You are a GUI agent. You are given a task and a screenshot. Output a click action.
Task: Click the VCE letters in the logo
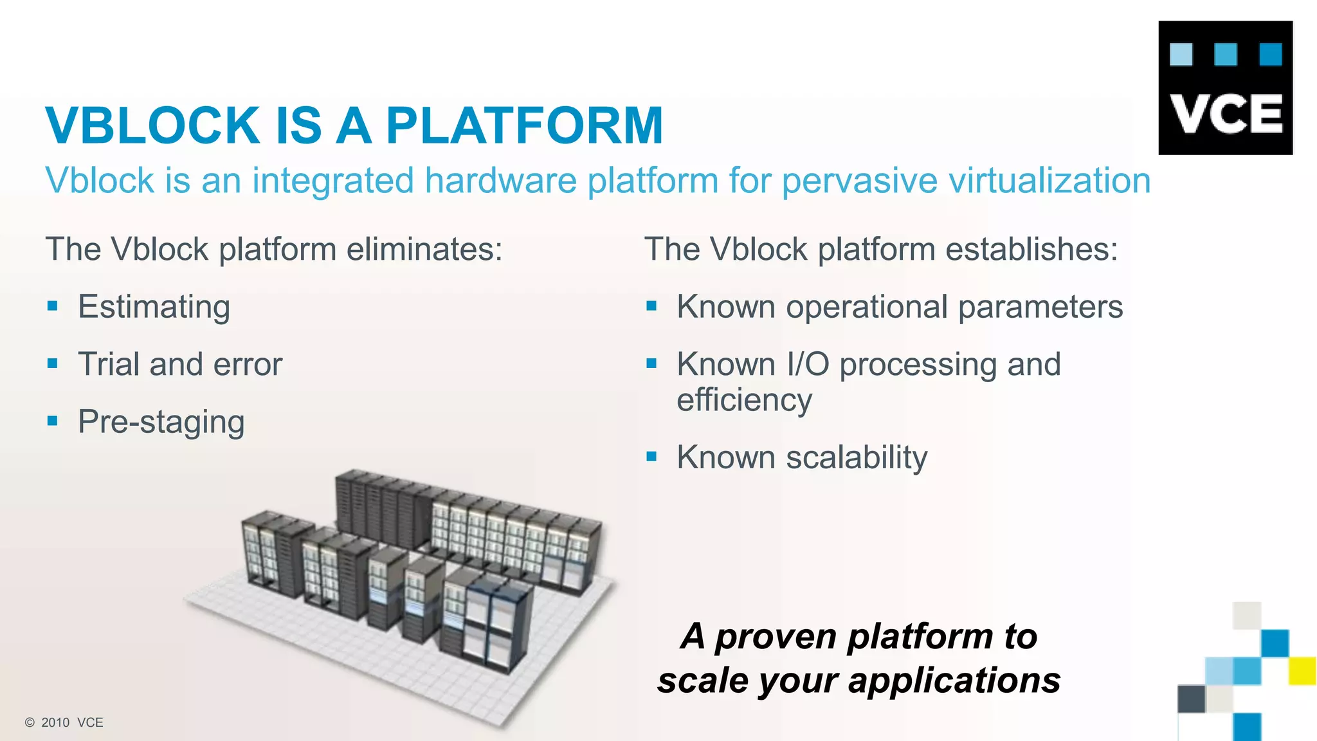1226,114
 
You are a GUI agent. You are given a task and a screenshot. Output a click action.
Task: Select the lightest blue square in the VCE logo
1181,55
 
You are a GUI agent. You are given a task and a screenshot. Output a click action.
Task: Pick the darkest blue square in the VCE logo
1270,55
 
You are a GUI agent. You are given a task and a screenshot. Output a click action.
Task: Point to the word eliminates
424,250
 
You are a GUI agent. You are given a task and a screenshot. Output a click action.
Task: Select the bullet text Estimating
154,307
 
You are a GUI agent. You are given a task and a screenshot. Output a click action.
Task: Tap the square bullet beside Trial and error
53,364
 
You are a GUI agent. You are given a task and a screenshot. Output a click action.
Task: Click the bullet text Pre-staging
161,423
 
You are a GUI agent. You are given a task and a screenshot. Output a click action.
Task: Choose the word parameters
1040,307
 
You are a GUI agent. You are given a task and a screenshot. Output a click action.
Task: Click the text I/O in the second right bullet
808,365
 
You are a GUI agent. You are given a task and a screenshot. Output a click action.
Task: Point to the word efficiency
744,400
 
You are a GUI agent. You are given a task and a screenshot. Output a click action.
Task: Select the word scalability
857,458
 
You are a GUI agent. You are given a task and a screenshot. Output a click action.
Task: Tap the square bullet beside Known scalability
651,457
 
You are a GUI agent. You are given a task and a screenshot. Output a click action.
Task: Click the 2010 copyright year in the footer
55,722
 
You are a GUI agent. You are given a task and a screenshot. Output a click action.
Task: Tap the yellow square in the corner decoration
1302,670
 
